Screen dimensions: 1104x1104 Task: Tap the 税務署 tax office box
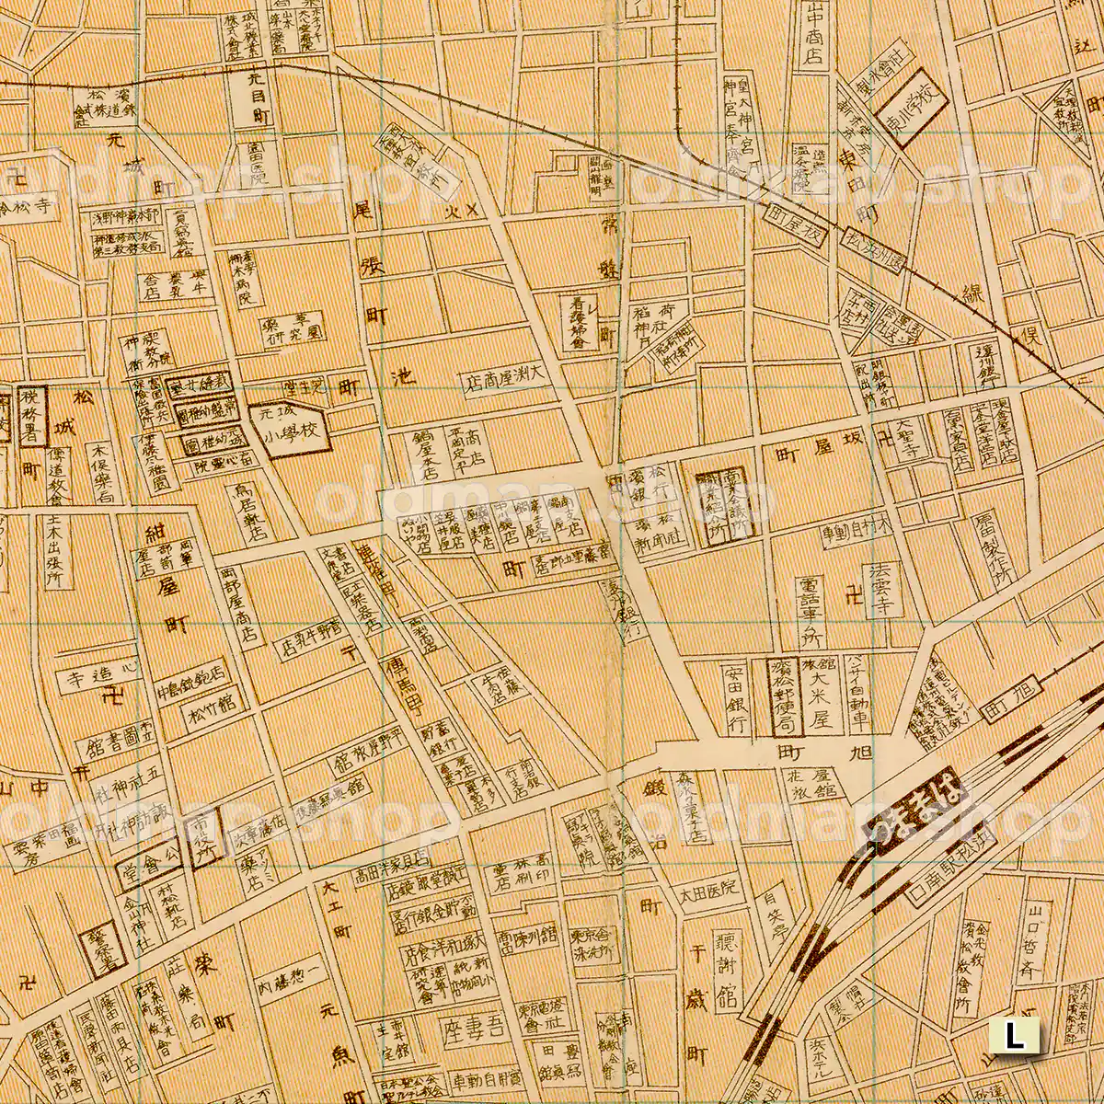tap(28, 415)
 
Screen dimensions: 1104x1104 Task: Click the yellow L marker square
tap(1014, 1037)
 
